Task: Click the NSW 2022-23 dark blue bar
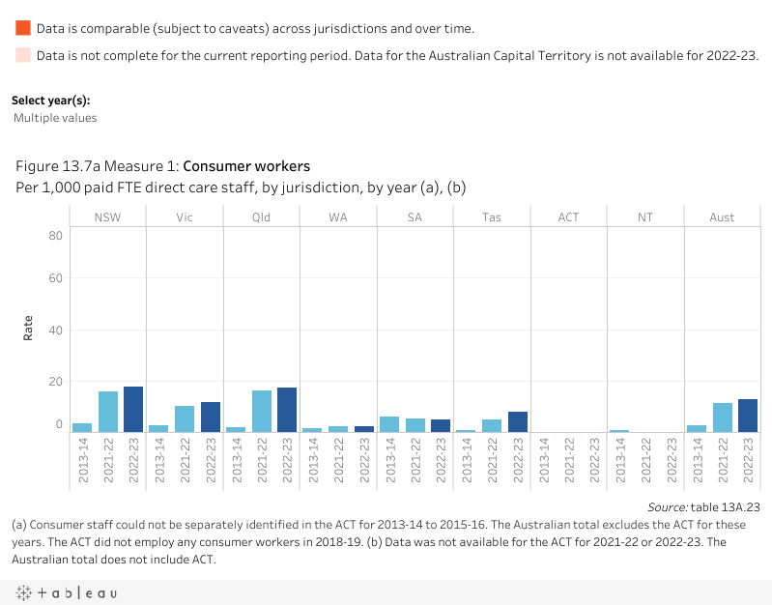132,409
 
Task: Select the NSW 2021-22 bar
107,412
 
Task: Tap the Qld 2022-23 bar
287,410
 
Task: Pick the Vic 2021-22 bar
185,418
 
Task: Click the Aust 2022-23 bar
747,416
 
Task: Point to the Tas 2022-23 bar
517,421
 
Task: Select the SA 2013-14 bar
389,424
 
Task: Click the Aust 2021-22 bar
722,418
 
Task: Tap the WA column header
338,217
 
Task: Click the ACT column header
568,217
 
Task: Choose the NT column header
644,217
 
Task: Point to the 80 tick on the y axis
56,236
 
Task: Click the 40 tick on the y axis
56,331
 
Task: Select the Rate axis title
28,329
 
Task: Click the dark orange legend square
23,29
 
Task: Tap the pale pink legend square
23,56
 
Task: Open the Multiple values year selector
55,118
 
